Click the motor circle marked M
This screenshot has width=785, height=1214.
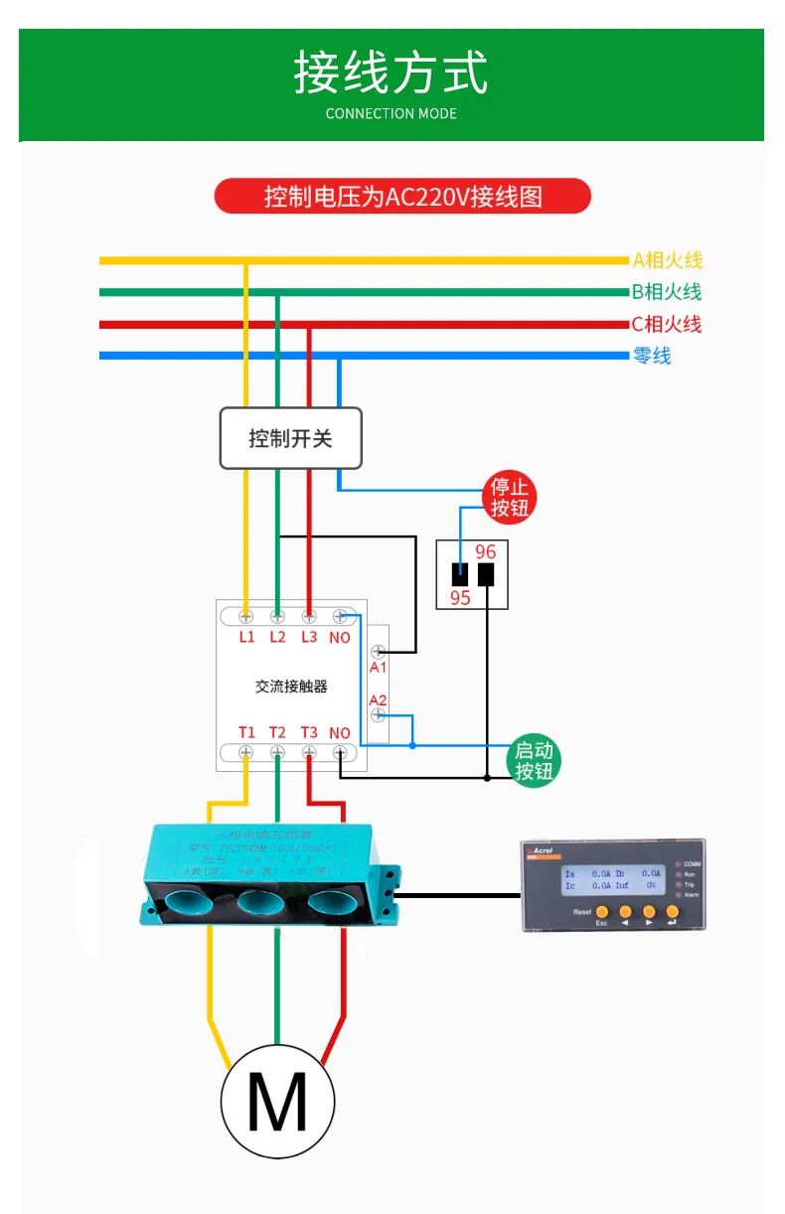(x=277, y=1102)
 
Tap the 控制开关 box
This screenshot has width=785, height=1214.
(x=290, y=438)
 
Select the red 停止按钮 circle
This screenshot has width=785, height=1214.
(x=510, y=497)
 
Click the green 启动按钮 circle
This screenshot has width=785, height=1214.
(x=534, y=761)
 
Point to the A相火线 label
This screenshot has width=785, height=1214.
(x=667, y=260)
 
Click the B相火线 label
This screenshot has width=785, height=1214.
(x=667, y=292)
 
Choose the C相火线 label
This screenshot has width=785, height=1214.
(x=667, y=324)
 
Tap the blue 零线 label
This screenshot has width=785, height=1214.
(x=652, y=356)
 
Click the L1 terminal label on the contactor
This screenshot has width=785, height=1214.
(x=246, y=637)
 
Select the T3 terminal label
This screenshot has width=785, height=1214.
(x=309, y=732)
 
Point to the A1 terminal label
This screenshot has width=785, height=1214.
(x=378, y=668)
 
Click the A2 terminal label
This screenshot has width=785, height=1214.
(x=378, y=700)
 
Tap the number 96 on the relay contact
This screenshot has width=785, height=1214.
(x=485, y=551)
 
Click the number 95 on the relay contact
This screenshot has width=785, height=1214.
(x=460, y=598)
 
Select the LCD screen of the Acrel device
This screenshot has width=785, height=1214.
(x=613, y=878)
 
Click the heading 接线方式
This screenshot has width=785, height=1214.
(x=392, y=74)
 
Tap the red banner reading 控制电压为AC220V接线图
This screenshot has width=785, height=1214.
(x=402, y=196)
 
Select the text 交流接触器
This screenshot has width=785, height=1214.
(x=291, y=685)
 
